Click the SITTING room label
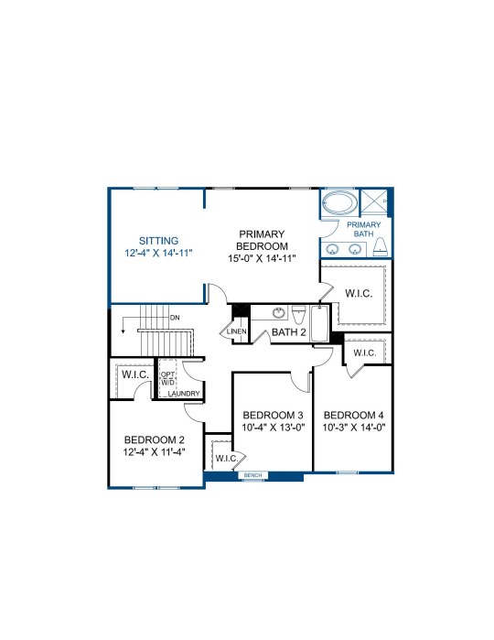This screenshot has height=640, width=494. click(x=158, y=241)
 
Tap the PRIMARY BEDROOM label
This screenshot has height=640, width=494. click(x=262, y=240)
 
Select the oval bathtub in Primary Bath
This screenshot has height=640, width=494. click(x=339, y=201)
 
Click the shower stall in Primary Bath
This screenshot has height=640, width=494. click(x=374, y=201)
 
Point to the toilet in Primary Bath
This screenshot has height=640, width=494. click(x=381, y=247)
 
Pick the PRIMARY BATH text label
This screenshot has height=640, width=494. click(x=363, y=229)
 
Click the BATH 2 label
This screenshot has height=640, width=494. click(x=288, y=332)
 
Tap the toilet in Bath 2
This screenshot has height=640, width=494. click(x=298, y=314)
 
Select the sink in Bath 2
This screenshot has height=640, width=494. click(x=279, y=313)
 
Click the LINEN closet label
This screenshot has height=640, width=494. click(x=237, y=331)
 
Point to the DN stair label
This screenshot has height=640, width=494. click(x=175, y=318)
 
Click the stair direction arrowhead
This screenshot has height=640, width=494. click(x=123, y=331)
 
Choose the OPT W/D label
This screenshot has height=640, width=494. click(x=167, y=378)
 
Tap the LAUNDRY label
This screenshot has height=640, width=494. click(x=184, y=394)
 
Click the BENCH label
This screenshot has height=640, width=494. click(x=252, y=475)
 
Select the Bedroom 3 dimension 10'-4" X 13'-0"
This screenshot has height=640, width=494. click(x=274, y=428)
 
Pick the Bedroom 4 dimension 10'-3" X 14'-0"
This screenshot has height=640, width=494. click(x=354, y=428)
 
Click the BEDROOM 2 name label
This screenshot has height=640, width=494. click(x=155, y=440)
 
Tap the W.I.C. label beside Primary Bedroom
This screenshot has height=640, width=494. click(x=359, y=294)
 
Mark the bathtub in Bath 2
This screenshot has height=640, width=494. click(x=319, y=324)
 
